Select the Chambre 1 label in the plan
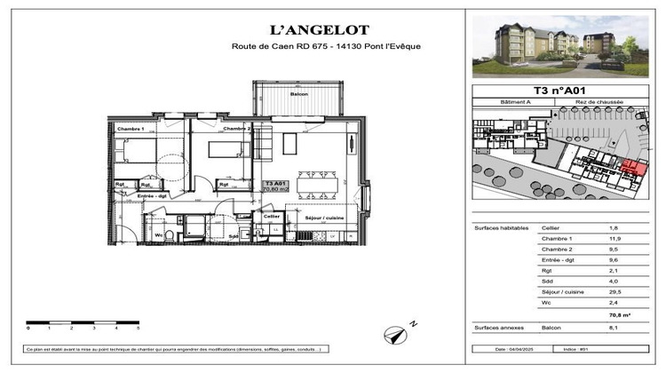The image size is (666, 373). coord(131,130)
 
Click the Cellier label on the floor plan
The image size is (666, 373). coord(271,216)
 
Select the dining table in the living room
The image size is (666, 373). coord(316,184)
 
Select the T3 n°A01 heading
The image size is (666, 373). coord(559,90)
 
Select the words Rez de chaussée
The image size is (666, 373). coord(600,102)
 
